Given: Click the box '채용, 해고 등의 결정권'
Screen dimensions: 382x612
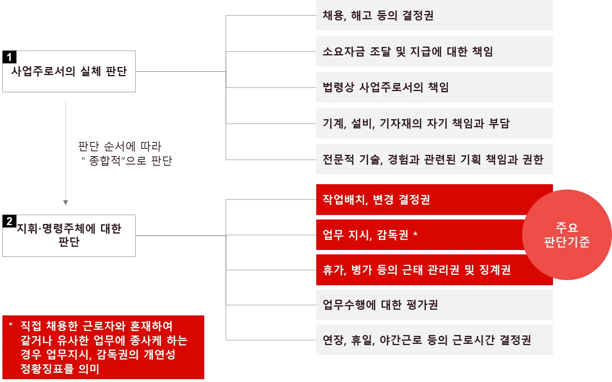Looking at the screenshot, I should click(x=435, y=16).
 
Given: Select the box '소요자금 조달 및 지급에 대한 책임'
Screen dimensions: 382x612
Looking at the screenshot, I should click(x=435, y=51).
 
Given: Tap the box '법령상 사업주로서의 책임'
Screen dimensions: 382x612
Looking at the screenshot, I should click(x=435, y=87).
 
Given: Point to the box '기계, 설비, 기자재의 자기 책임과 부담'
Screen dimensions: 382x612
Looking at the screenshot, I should click(x=435, y=123).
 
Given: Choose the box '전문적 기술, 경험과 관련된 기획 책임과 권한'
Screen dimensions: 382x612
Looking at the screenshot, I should click(x=435, y=159).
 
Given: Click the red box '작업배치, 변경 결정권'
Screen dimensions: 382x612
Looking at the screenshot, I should click(x=417, y=199).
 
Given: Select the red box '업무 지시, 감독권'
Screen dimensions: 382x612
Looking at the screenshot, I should click(x=417, y=235).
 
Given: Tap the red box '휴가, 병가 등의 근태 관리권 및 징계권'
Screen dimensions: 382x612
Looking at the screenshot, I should click(x=417, y=270).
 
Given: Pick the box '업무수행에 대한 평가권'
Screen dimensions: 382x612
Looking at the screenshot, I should click(x=435, y=305).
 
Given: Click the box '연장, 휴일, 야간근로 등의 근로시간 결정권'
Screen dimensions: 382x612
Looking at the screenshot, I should click(x=435, y=340).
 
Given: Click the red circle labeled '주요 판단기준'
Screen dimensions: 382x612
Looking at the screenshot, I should click(x=567, y=235).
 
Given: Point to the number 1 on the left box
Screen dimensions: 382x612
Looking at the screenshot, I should click(x=9, y=57).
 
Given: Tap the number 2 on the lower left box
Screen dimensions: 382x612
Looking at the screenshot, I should click(x=9, y=221).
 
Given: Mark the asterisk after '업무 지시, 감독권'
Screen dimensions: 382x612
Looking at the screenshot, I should click(x=415, y=234).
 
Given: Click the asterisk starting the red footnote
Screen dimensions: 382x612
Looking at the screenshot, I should click(x=11, y=325).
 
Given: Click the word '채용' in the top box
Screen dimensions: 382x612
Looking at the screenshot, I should click(x=333, y=16).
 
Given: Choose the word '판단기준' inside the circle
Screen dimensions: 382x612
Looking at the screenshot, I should click(x=567, y=242).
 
